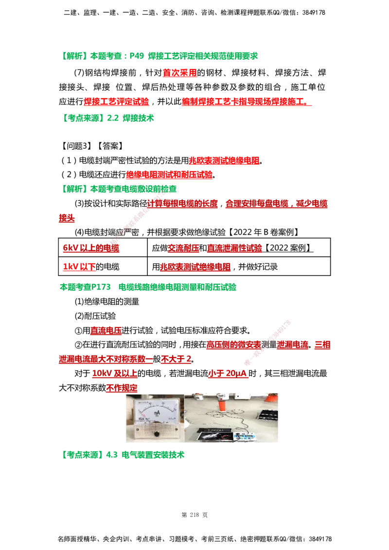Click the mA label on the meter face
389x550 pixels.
click(x=157, y=413)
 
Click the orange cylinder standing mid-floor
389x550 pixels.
click(x=222, y=404)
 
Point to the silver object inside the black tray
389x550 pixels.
click(x=212, y=436)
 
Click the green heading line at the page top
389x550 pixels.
click(x=160, y=56)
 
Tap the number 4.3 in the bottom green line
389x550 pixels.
click(x=112, y=455)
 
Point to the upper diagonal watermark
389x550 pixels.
click(x=137, y=218)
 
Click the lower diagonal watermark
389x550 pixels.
click(x=267, y=343)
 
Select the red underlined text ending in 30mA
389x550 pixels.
click(x=228, y=374)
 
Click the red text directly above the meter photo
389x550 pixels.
click(x=122, y=389)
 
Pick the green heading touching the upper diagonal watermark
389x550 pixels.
click(x=120, y=189)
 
